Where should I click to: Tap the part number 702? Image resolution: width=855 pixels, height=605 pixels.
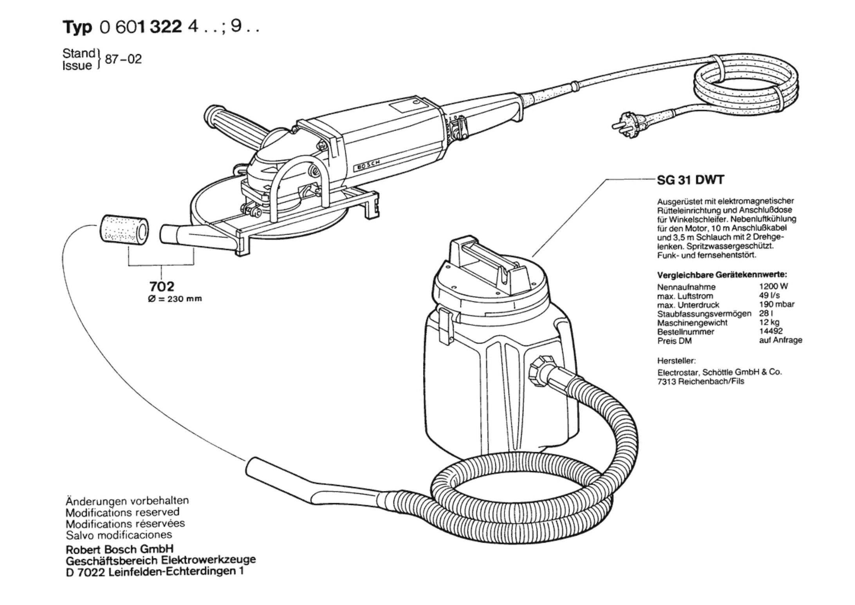pos(162,286)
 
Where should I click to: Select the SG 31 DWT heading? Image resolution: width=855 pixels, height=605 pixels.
pos(691,180)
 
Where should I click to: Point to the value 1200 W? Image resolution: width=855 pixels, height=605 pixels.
pos(773,286)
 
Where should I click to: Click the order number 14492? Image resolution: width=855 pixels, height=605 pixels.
pos(771,331)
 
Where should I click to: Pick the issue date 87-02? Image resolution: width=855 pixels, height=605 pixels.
pos(123,60)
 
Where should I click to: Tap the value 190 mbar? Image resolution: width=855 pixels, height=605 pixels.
pos(777,304)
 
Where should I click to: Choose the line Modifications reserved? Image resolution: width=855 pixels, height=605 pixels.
pos(123,512)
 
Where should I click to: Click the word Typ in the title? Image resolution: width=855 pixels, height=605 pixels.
pos(78,28)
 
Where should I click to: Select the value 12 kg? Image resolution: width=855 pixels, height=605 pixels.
pos(769,322)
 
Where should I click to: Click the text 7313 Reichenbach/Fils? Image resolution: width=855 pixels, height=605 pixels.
pos(701,381)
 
